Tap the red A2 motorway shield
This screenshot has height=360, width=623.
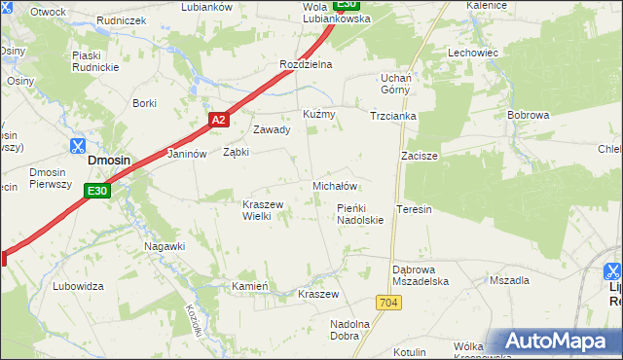(x=219, y=120)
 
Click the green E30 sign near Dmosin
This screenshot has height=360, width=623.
(x=96, y=192)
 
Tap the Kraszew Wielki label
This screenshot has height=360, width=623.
(x=262, y=210)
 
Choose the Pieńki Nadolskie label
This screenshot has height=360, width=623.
(x=359, y=214)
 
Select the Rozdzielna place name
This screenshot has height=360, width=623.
(x=306, y=64)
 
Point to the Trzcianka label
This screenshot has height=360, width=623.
(x=393, y=116)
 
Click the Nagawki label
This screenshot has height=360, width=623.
(x=165, y=246)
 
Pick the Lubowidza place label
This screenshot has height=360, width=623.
(x=79, y=286)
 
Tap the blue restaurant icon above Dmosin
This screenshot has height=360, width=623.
(x=77, y=146)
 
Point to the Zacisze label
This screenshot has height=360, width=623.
(x=420, y=156)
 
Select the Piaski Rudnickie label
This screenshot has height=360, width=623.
(x=94, y=61)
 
